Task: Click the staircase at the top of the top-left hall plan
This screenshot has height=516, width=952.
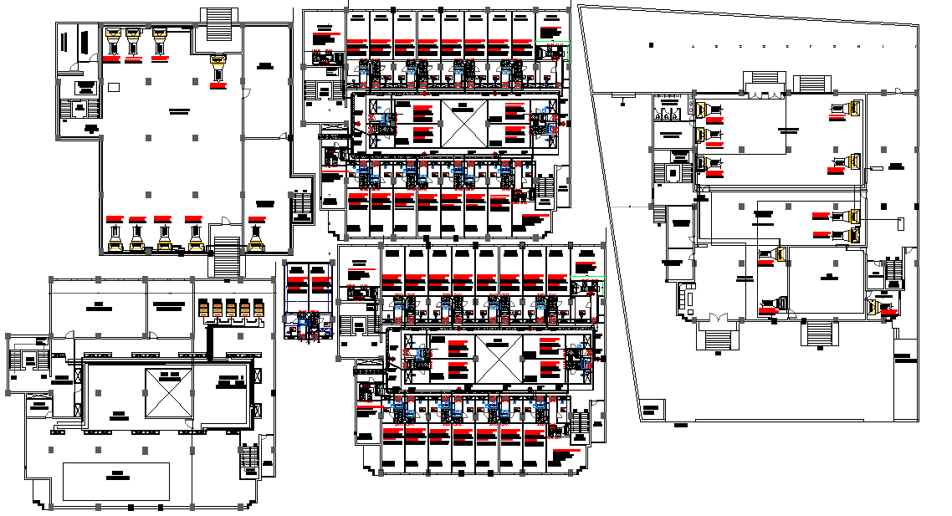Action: (219, 23)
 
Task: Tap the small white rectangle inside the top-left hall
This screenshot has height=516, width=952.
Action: (113, 87)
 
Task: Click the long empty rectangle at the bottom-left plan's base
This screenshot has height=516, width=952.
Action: (116, 482)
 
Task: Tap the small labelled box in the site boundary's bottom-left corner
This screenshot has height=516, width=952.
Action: (652, 410)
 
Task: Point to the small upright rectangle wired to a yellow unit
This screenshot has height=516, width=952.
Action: (899, 223)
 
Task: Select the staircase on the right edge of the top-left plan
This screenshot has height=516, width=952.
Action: (301, 205)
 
